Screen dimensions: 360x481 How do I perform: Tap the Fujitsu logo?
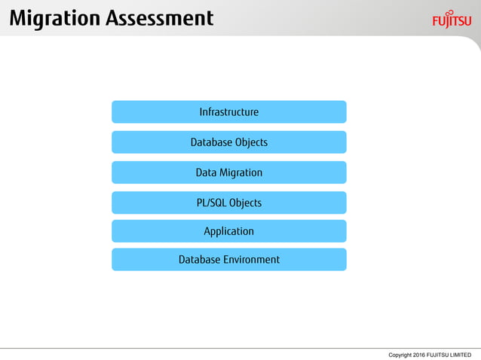pyautogui.click(x=452, y=20)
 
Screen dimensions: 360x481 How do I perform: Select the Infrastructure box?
pyautogui.click(x=228, y=112)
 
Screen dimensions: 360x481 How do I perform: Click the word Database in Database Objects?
pyautogui.click(x=211, y=142)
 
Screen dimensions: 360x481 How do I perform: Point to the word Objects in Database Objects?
pyautogui.click(x=251, y=142)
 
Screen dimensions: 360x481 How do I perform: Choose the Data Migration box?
pyautogui.click(x=228, y=172)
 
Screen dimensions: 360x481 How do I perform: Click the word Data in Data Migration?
pyautogui.click(x=206, y=172)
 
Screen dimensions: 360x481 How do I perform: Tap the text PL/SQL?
pyautogui.click(x=211, y=203)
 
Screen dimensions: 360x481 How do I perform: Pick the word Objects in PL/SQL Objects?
pyautogui.click(x=245, y=203)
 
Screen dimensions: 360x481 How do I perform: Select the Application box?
pyautogui.click(x=228, y=231)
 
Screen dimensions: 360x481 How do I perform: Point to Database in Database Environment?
pyautogui.click(x=198, y=260)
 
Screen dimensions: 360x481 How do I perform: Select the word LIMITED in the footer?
pyautogui.click(x=460, y=354)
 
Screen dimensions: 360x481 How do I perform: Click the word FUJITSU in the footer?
pyautogui.click(x=438, y=354)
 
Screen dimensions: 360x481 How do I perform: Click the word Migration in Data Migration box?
pyautogui.click(x=240, y=172)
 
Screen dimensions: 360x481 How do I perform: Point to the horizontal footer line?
pyautogui.click(x=240, y=348)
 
